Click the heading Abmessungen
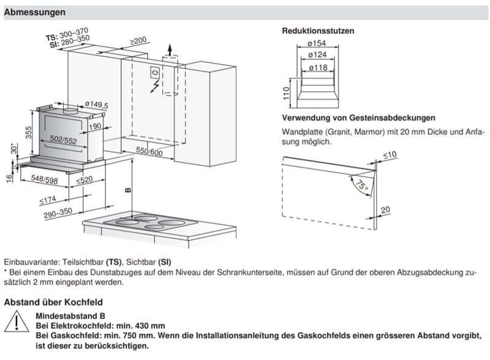[35, 12]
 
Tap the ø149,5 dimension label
[97, 105]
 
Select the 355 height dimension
[28, 132]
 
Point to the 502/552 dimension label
[64, 140]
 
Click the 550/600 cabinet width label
[149, 152]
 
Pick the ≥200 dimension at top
[138, 41]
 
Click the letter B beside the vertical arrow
[128, 190]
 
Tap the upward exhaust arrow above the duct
[170, 50]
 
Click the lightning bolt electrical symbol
[154, 86]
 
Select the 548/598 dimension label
[44, 179]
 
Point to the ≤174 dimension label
[48, 200]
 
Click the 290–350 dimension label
[58, 213]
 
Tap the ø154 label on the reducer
[317, 43]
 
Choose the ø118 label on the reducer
[318, 67]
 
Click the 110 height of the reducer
[286, 93]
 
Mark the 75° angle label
[361, 185]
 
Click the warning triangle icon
[17, 321]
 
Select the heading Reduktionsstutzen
[318, 31]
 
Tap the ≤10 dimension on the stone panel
[390, 155]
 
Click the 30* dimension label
[14, 149]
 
